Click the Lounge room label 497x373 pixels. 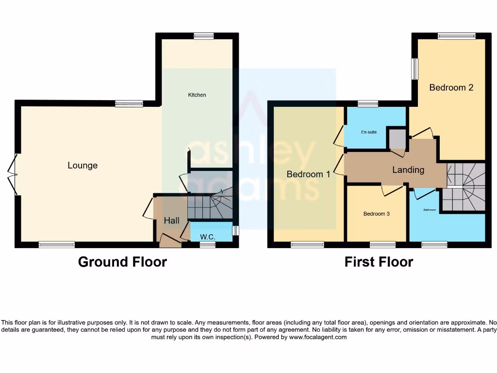(x=83, y=166)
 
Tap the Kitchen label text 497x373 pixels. (x=197, y=95)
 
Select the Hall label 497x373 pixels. (x=171, y=220)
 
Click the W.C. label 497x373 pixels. (x=208, y=237)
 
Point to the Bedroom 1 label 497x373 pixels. (x=308, y=174)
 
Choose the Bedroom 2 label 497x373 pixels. (x=451, y=87)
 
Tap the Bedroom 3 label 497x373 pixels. (x=377, y=214)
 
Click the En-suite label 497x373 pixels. (x=369, y=132)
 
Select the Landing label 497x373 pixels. (x=408, y=170)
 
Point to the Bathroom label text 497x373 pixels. (x=430, y=210)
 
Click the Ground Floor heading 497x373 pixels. (x=122, y=262)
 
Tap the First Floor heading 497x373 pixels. (x=379, y=262)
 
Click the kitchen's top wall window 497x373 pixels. (x=203, y=36)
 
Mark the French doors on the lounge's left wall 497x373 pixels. (x=14, y=174)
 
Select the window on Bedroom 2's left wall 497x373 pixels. (x=415, y=69)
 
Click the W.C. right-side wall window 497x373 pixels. (x=235, y=230)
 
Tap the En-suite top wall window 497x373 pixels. (x=368, y=103)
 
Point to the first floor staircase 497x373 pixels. (x=465, y=187)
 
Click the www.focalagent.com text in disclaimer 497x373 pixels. (x=318, y=337)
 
